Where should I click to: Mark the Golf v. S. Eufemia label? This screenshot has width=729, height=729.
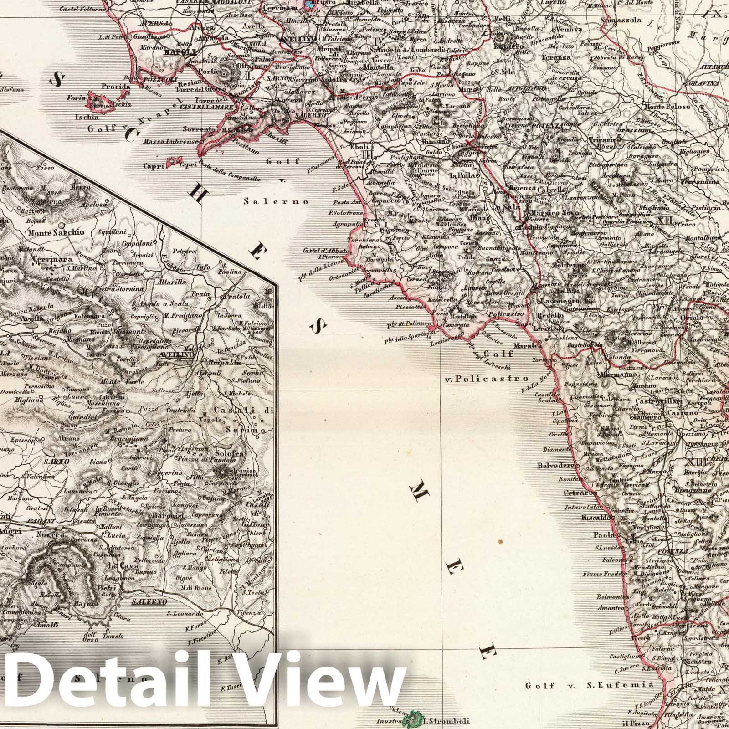click(x=589, y=685)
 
